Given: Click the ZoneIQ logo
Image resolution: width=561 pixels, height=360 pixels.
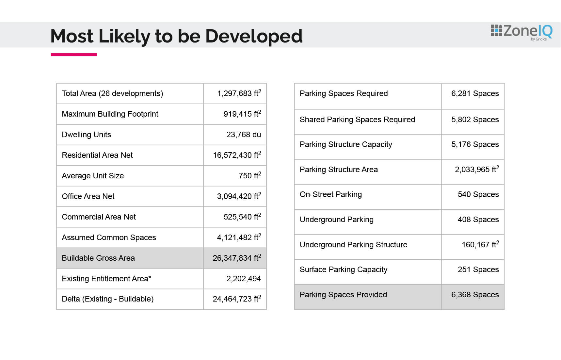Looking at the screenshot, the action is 521,32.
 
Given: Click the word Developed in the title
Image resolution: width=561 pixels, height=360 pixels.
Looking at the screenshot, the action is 254,36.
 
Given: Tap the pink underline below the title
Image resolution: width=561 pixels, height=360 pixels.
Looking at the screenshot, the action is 74,55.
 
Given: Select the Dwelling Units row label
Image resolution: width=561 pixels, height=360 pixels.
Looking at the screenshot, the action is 86,135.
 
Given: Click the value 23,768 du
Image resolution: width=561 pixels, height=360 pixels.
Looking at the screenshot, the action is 244,135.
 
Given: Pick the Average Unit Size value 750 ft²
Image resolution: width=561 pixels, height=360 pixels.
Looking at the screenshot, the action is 250,175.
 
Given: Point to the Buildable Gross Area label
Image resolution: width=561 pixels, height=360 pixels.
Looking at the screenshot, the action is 98,258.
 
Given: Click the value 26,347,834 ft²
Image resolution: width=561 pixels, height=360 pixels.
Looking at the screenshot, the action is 237,258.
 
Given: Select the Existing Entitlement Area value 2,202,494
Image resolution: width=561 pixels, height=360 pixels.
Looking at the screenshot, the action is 244,279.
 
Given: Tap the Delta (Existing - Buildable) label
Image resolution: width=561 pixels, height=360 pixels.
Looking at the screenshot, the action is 107,299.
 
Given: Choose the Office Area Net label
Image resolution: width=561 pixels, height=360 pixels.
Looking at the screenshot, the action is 88,196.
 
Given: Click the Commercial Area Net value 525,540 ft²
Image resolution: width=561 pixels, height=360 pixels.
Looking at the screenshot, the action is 242,217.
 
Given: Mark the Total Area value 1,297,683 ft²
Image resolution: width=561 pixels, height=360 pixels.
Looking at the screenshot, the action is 239,93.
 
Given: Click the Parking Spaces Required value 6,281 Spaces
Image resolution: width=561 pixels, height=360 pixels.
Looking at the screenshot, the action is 475,93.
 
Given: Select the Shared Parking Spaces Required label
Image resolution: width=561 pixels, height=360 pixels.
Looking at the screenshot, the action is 357,120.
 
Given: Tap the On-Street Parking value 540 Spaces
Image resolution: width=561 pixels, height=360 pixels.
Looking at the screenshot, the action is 478,194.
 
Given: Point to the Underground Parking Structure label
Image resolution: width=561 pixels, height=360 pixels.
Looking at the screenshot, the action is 353,245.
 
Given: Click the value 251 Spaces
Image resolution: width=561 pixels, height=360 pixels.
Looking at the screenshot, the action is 478,270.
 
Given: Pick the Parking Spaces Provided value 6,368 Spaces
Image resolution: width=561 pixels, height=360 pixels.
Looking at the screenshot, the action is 475,295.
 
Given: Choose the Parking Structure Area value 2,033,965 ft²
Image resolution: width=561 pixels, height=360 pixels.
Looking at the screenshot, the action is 477,169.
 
